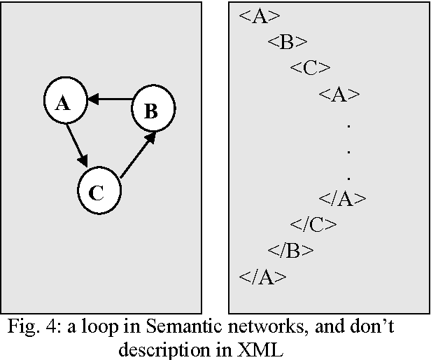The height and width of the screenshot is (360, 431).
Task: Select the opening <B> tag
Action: (x=287, y=42)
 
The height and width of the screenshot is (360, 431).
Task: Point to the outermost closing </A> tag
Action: (x=262, y=277)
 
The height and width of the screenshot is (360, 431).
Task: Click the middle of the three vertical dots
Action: (x=348, y=151)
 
